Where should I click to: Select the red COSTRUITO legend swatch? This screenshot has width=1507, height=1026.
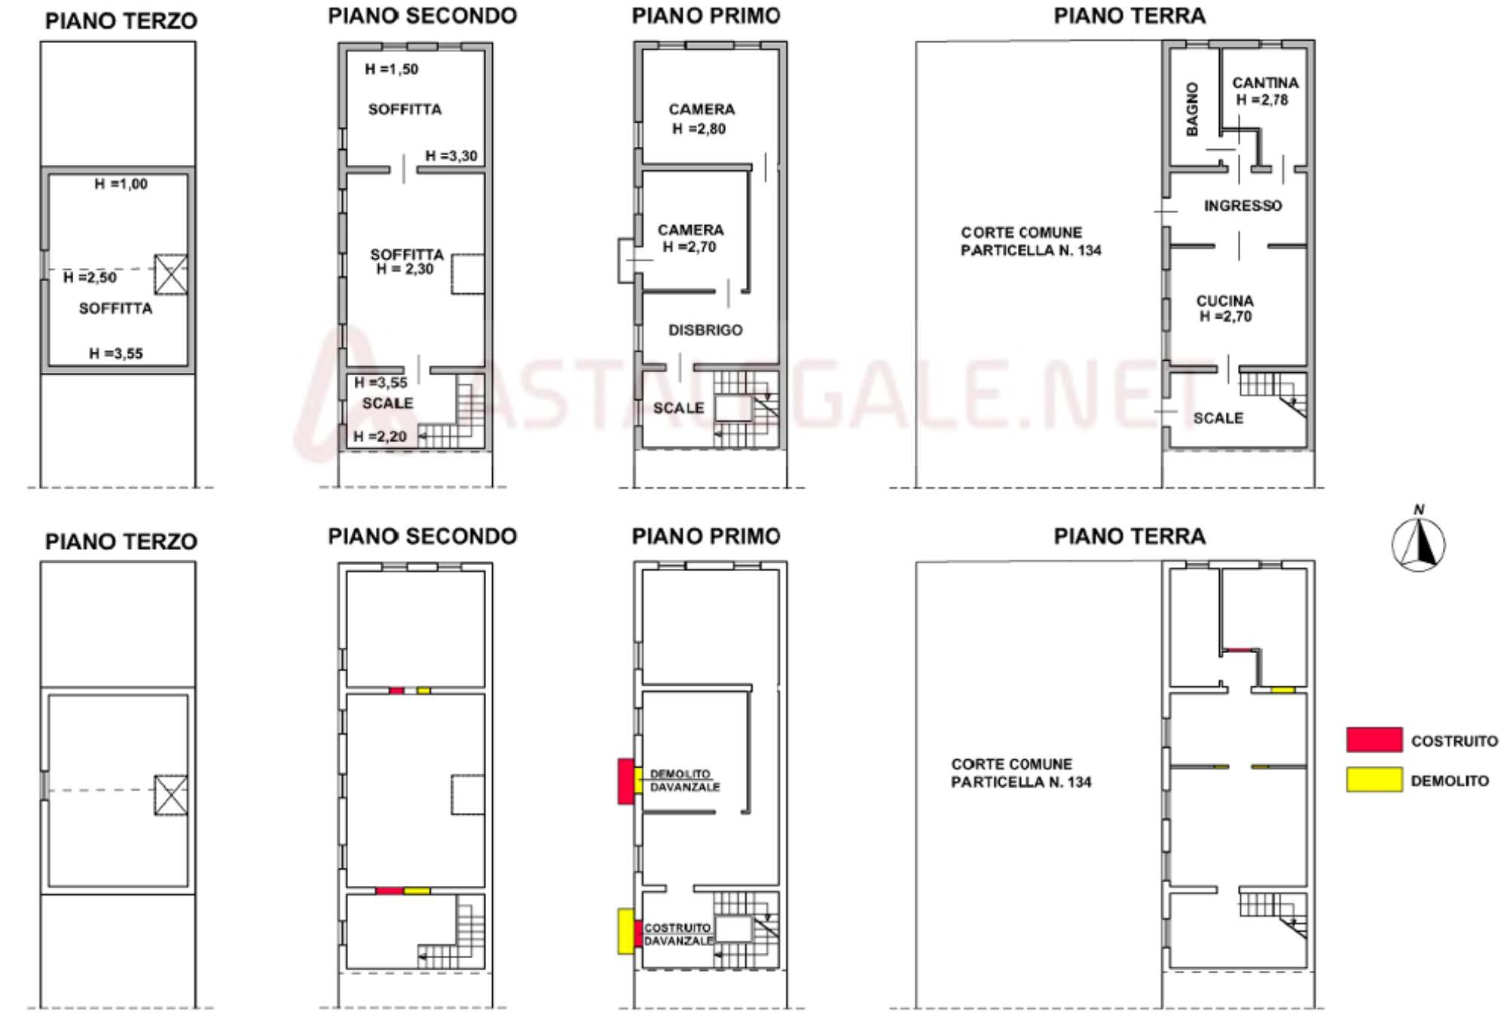pyautogui.click(x=1374, y=740)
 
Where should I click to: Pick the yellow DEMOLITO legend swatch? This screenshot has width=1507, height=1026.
pyautogui.click(x=1374, y=780)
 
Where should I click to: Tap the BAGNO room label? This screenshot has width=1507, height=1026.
pyautogui.click(x=1191, y=109)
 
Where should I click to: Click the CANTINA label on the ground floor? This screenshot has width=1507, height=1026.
pyautogui.click(x=1265, y=83)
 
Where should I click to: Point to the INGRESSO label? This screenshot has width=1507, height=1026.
pyautogui.click(x=1243, y=206)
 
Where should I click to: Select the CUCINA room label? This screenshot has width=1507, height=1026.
pyautogui.click(x=1225, y=301)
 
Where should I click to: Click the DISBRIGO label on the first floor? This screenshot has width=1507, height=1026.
pyautogui.click(x=705, y=330)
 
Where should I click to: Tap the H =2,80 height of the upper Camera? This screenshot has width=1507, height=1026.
pyautogui.click(x=699, y=129)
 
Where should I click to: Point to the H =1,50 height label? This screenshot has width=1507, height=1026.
pyautogui.click(x=391, y=69)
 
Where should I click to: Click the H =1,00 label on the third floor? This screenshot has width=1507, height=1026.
pyautogui.click(x=121, y=184)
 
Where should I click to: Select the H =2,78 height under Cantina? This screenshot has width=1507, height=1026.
pyautogui.click(x=1262, y=100)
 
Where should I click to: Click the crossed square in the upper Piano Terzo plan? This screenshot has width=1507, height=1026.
pyautogui.click(x=171, y=274)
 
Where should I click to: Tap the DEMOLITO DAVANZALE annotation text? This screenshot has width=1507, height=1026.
pyautogui.click(x=684, y=780)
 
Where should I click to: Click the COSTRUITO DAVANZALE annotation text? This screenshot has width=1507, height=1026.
pyautogui.click(x=678, y=935)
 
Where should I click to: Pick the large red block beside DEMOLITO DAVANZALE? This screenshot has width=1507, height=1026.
pyautogui.click(x=625, y=781)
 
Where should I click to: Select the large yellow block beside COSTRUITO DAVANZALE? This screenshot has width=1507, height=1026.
pyautogui.click(x=625, y=932)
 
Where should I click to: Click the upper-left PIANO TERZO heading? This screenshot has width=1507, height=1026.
pyautogui.click(x=121, y=21)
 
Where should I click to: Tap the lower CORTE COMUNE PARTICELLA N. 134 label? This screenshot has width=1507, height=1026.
pyautogui.click(x=1021, y=773)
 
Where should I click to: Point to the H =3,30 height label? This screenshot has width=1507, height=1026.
pyautogui.click(x=451, y=156)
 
